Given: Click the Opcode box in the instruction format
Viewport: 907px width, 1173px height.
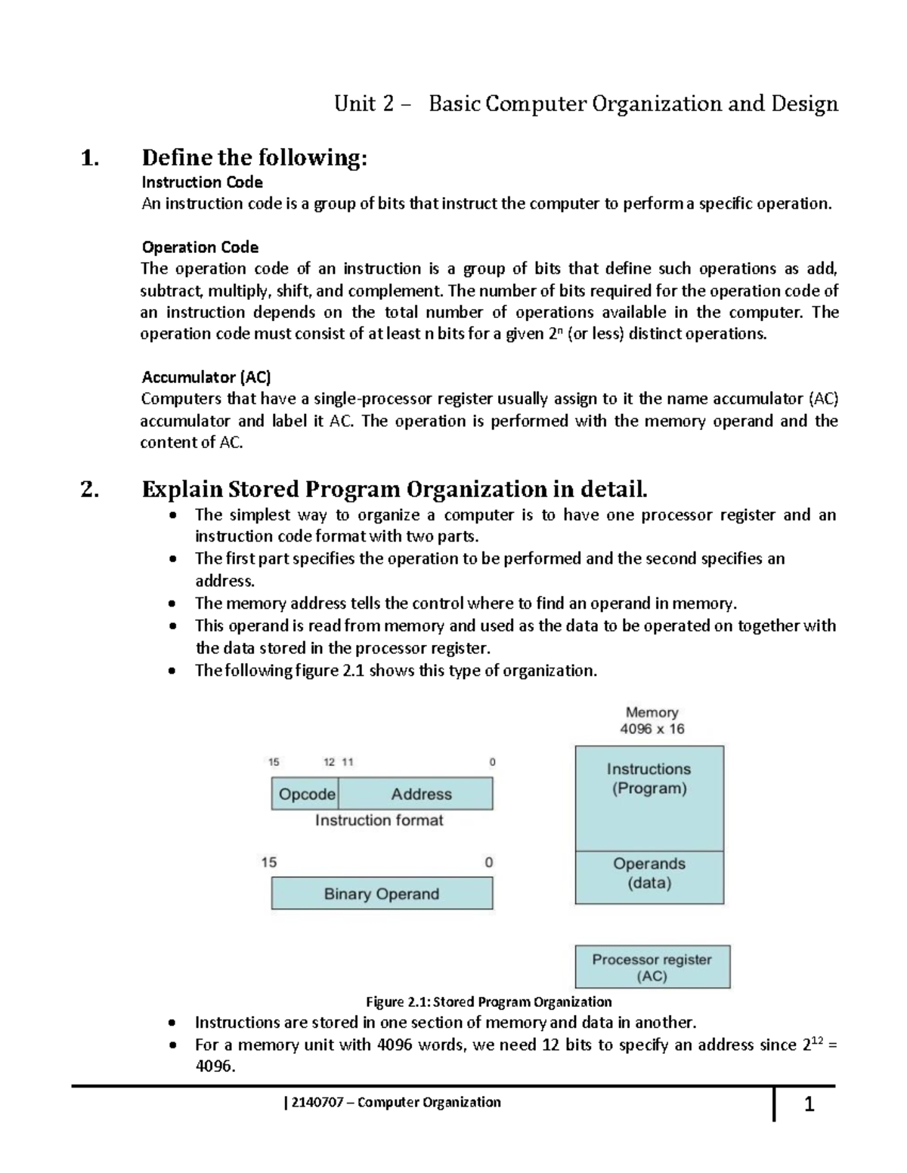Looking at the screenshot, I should point(305,794).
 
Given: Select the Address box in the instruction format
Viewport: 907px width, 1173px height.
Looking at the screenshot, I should point(420,794).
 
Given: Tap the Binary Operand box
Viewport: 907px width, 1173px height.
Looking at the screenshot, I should point(382,894).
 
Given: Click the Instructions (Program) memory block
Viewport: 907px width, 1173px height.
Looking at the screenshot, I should point(649,798).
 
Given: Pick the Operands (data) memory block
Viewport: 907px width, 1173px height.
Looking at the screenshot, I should point(649,877).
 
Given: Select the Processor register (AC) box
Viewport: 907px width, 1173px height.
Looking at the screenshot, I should point(652,967).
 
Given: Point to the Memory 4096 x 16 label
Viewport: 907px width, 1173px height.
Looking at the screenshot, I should point(652,721).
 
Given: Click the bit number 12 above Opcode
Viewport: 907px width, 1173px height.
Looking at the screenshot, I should point(330,762).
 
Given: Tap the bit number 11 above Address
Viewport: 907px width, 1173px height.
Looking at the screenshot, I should point(348,762).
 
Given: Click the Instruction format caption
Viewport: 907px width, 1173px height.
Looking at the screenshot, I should point(379,820).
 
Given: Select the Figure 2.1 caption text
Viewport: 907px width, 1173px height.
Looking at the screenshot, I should point(488,1002).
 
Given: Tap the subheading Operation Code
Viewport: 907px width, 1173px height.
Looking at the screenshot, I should point(200,247).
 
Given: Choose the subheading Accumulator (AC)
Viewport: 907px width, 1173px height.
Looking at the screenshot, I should point(206,376).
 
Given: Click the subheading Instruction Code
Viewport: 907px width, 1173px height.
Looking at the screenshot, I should point(203,182).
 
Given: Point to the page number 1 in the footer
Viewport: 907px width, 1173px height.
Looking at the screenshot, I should point(809,1106).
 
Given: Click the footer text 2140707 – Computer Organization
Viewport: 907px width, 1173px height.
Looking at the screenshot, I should point(393,1102).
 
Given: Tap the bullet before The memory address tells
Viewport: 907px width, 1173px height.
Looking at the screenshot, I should point(174,603).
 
